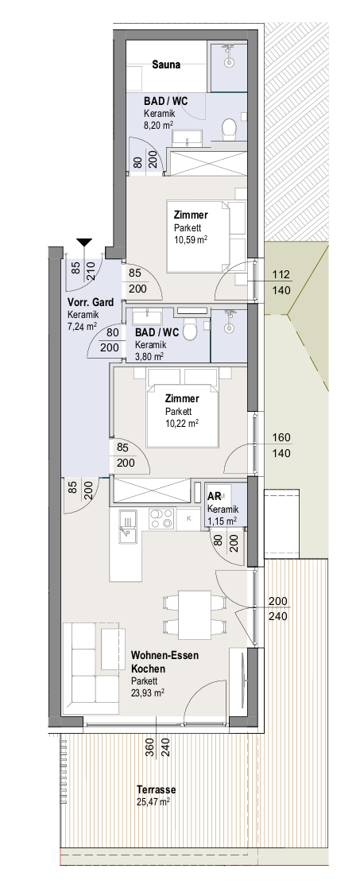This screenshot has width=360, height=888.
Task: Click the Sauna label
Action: click(166, 64)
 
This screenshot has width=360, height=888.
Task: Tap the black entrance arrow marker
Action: click(84, 243)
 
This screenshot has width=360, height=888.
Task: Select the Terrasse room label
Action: click(157, 789)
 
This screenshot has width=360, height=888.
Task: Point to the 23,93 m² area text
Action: click(148, 692)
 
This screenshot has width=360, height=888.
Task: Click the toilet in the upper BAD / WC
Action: click(230, 128)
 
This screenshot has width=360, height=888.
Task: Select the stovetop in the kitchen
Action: click(162, 518)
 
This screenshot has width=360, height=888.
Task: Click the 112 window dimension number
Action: click(281, 275)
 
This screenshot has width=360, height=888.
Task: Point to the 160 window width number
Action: click(281, 437)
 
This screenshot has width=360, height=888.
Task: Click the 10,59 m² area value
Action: click(190, 239)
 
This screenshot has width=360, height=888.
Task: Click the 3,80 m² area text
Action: click(149, 356)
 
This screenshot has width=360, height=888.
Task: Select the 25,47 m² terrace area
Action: click(153, 802)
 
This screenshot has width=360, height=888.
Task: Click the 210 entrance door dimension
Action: click(90, 268)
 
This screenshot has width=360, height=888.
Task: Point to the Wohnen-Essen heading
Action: click(165, 656)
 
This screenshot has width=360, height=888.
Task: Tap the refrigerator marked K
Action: click(190, 519)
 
